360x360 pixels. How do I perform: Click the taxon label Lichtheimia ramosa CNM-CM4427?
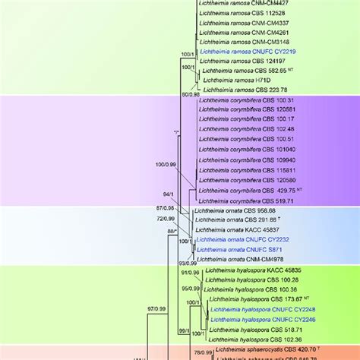[238, 3]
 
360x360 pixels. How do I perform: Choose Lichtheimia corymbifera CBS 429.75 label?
[246, 190]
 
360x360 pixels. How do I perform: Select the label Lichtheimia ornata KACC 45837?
[236, 229]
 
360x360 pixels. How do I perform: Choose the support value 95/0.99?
[190, 289]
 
